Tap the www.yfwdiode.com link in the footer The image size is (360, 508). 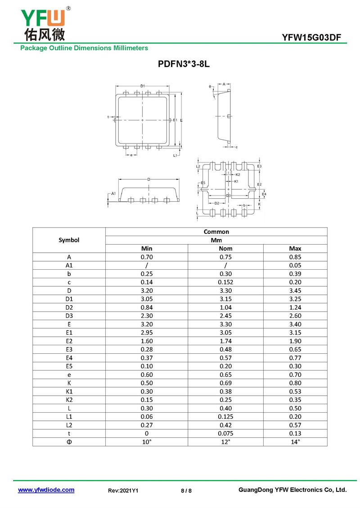click(46, 490)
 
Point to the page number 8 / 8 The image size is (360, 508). click(186, 490)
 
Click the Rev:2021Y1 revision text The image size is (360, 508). click(123, 490)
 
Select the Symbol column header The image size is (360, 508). click(69, 240)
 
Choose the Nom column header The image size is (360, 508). click(225, 248)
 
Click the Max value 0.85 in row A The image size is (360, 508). click(295, 257)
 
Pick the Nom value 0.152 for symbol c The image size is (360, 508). click(225, 282)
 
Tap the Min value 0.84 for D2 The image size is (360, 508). click(147, 307)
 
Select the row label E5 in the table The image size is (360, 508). click(69, 366)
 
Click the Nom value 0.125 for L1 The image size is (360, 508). click(225, 416)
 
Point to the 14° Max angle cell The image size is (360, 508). click(295, 441)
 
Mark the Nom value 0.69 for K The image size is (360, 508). click(225, 383)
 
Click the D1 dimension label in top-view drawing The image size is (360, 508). click(142, 85)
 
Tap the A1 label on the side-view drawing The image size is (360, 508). click(113, 193)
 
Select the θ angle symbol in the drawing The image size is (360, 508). click(210, 86)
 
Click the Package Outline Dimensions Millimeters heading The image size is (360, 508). click(84, 48)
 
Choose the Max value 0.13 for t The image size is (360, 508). click(295, 433)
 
